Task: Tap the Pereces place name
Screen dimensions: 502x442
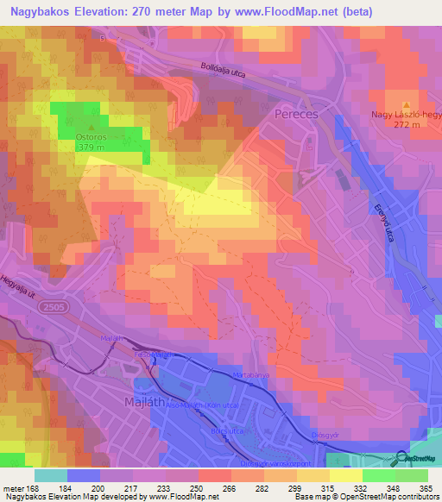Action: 296,113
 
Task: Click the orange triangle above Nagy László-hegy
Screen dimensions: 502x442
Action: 406,104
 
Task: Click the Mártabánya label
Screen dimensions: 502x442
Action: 251,375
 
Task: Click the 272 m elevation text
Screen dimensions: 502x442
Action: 405,124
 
